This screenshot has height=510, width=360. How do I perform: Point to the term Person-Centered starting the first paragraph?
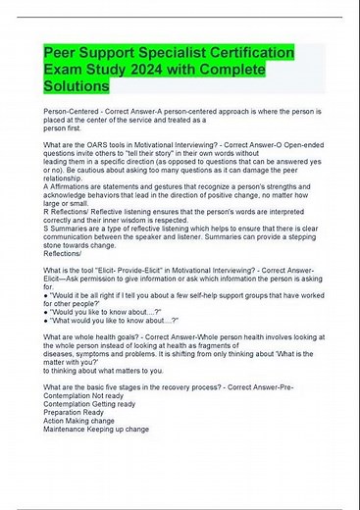click(x=75, y=115)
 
